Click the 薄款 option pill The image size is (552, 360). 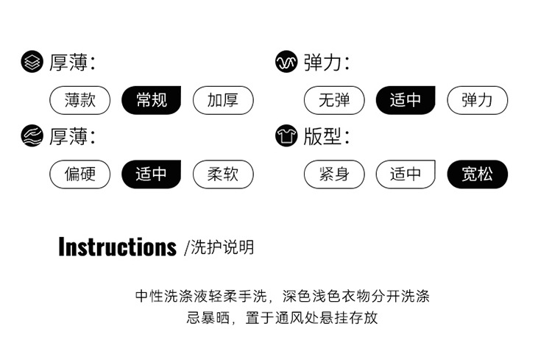[x=79, y=100]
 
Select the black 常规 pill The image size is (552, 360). [x=151, y=100]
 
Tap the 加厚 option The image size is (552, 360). [x=223, y=100]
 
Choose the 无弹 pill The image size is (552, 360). [x=334, y=100]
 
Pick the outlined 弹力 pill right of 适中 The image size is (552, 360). [x=478, y=100]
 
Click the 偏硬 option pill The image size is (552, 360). [x=79, y=174]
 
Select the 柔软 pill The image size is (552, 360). [x=223, y=174]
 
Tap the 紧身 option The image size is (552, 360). [x=334, y=174]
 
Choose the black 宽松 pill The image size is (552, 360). [x=478, y=174]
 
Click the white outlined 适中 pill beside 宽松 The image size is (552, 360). [x=406, y=174]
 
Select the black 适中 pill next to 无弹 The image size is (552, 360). [x=406, y=100]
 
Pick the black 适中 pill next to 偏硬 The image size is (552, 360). [x=151, y=174]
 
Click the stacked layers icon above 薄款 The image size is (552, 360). [x=32, y=63]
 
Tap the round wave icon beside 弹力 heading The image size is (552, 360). [x=286, y=63]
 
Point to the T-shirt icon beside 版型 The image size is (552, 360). [x=286, y=136]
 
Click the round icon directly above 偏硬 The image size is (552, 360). [x=32, y=136]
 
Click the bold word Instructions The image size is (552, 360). [x=117, y=247]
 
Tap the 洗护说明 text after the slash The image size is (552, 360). [x=222, y=247]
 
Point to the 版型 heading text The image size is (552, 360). [x=322, y=136]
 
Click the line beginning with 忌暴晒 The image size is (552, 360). [x=283, y=318]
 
